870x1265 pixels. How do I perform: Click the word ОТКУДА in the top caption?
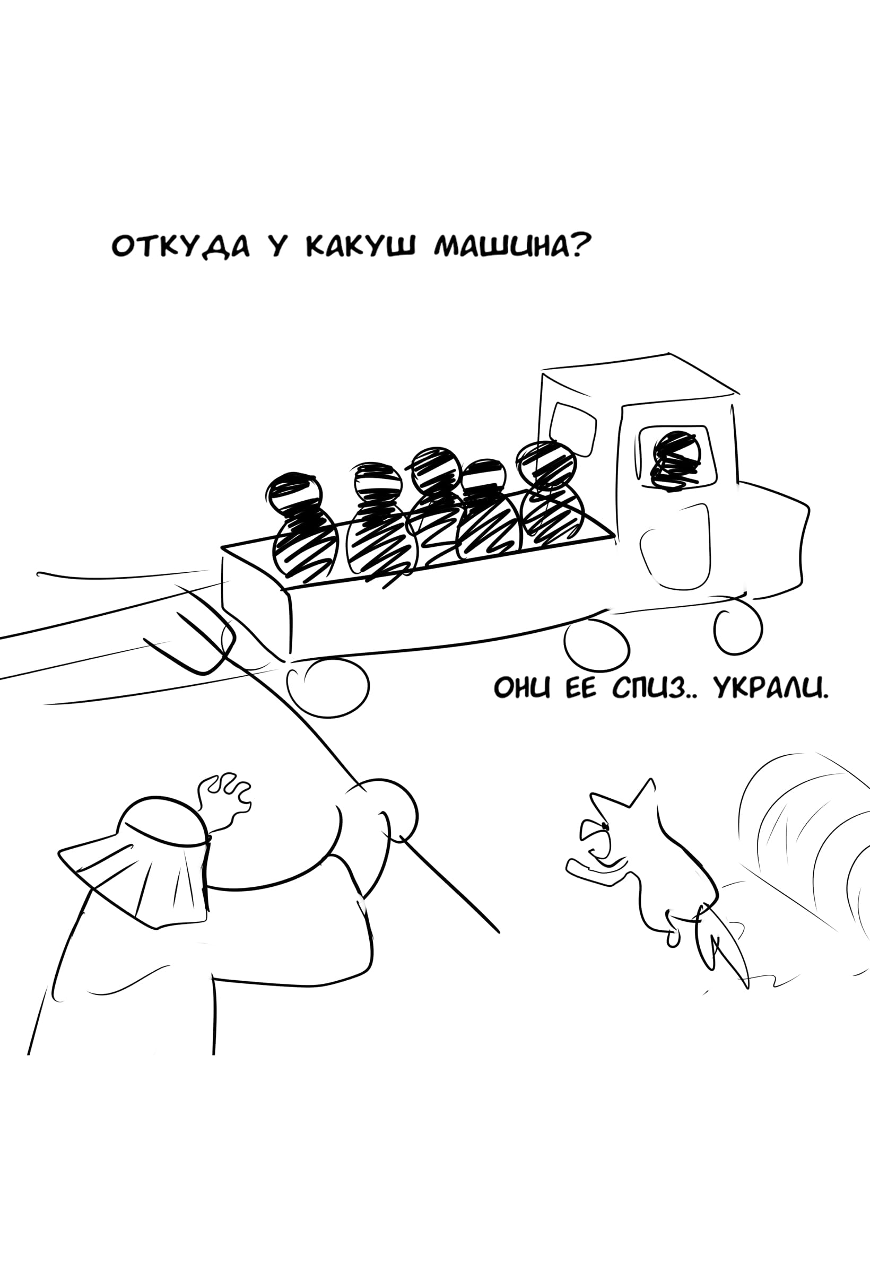tap(181, 247)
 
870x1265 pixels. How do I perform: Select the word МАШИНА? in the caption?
tap(512, 247)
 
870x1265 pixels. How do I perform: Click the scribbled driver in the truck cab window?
tap(677, 459)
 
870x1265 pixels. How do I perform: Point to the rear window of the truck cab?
tap(572, 430)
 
